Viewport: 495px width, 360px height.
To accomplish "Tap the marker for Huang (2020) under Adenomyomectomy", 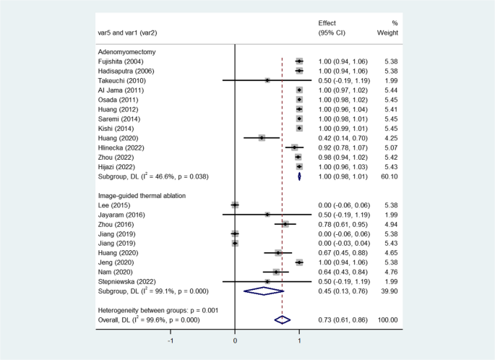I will pos(262,137).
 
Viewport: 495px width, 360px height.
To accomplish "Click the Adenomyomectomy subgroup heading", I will pos(126,52).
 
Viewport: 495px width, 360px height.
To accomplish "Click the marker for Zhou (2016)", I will pos(285,223).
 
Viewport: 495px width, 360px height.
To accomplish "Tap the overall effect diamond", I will pos(282,319).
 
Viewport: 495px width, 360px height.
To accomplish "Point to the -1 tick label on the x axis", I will pos(171,339).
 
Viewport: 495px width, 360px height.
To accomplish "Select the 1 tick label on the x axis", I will pos(299,339).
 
